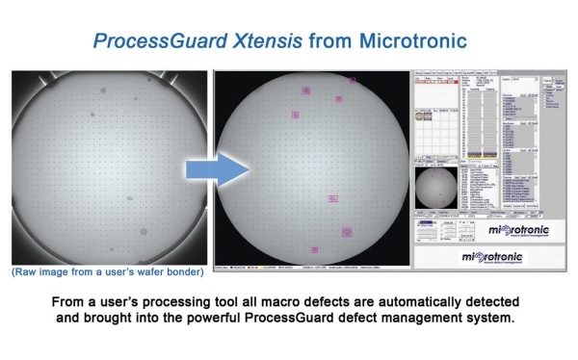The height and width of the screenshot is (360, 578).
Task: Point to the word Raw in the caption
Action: (x=27, y=272)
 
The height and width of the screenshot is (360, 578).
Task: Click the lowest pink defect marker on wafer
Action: (x=315, y=250)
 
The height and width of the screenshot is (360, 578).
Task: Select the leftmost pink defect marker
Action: (x=295, y=115)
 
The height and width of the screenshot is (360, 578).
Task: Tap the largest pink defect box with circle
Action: (x=347, y=231)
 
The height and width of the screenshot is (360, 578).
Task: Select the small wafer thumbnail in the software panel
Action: (x=434, y=189)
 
